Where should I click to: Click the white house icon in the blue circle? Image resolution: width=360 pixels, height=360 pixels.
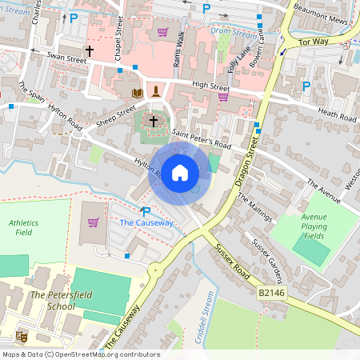(x=180, y=172)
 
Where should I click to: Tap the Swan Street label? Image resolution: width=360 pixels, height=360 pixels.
(x=66, y=58)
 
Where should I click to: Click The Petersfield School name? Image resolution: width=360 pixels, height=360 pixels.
(x=50, y=301)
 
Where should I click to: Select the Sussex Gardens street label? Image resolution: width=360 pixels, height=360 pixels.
(x=269, y=260)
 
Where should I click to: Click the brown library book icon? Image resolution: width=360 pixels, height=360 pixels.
(x=137, y=94)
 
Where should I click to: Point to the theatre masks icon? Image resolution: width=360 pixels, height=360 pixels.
(x=22, y=336)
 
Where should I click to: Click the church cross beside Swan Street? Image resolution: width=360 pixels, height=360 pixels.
(x=90, y=51)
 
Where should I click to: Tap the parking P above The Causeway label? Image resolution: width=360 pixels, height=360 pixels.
(x=146, y=210)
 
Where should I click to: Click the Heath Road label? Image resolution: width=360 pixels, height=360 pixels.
(x=336, y=114)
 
